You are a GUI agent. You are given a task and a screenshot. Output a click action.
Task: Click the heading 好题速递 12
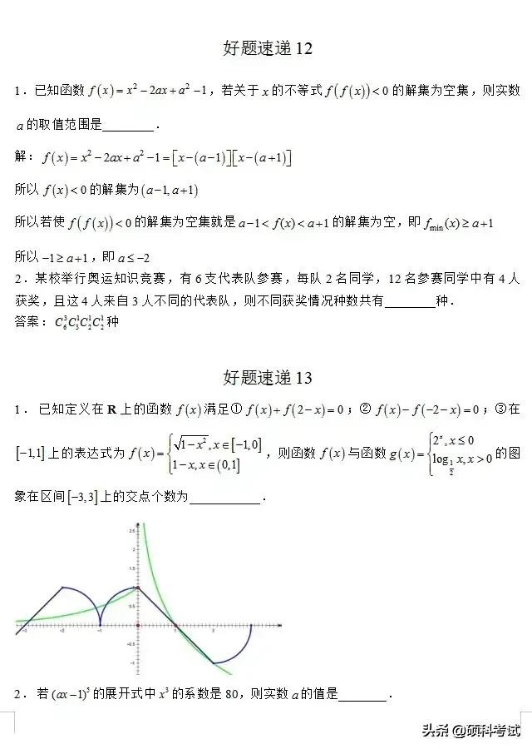(x=268, y=48)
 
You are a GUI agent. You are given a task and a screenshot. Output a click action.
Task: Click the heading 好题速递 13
(x=268, y=377)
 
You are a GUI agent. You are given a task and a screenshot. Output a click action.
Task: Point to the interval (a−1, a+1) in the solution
(x=170, y=190)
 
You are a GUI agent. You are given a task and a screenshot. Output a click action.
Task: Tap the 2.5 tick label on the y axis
(x=131, y=530)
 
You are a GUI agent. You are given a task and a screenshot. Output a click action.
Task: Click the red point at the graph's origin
(x=138, y=625)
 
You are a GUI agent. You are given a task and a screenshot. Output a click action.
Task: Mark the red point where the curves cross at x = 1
(x=175, y=625)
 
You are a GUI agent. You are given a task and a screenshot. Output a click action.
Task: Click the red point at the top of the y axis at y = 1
(x=138, y=588)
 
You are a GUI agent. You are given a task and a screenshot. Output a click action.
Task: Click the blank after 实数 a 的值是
(x=362, y=694)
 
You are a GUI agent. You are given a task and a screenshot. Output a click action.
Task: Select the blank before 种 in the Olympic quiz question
(x=411, y=301)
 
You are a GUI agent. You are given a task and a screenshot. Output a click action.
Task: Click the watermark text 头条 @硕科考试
(x=470, y=731)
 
